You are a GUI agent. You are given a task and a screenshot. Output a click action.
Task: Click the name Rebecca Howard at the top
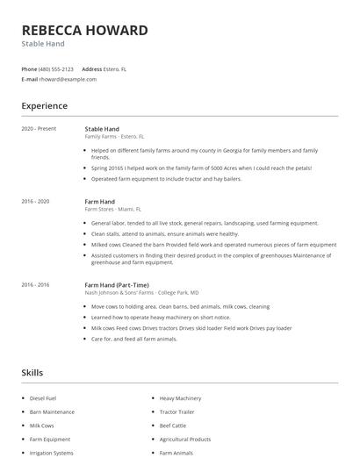(x=84, y=30)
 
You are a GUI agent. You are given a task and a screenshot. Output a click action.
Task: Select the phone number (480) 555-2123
(x=58, y=68)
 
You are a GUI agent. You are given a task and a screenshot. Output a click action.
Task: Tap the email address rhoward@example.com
(x=68, y=79)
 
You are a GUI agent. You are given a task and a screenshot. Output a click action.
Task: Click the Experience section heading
(x=44, y=106)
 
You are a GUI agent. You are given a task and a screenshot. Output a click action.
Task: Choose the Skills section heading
(x=32, y=373)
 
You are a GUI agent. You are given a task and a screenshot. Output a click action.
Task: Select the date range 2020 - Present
(x=39, y=129)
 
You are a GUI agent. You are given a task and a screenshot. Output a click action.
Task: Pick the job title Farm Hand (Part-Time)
(x=117, y=285)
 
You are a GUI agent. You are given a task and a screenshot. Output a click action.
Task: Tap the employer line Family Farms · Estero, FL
(x=114, y=137)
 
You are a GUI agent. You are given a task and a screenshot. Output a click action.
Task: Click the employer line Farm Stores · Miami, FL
(x=112, y=210)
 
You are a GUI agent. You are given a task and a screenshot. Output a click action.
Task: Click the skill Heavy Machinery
(x=180, y=398)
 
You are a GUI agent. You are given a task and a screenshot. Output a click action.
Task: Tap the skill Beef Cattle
(x=172, y=426)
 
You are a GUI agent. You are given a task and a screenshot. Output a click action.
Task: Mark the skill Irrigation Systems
(x=52, y=453)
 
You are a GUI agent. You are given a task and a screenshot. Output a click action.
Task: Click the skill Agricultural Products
(x=184, y=439)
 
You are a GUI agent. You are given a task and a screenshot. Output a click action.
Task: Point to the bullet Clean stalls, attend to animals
(x=164, y=234)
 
